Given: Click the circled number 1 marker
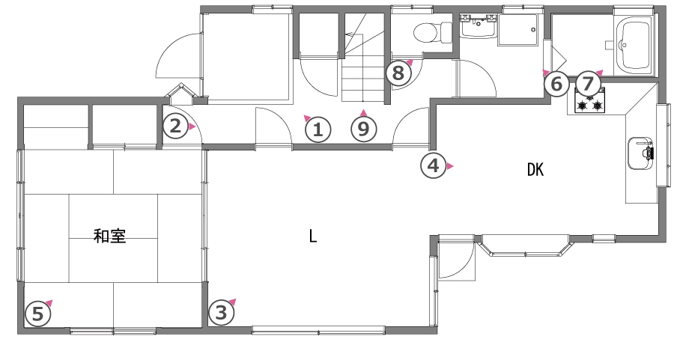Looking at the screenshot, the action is pyautogui.click(x=318, y=129).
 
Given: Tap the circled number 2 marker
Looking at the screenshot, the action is pyautogui.click(x=175, y=126).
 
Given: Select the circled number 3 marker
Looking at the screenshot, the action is pyautogui.click(x=222, y=313).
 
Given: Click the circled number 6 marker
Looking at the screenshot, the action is pyautogui.click(x=556, y=84).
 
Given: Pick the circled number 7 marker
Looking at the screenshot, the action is pyautogui.click(x=588, y=84).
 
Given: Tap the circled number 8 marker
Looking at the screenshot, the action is pyautogui.click(x=398, y=73).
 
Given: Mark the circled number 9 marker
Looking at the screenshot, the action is pyautogui.click(x=364, y=129).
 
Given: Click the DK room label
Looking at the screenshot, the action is pyautogui.click(x=535, y=170).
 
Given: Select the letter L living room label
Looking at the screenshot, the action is pyautogui.click(x=313, y=236).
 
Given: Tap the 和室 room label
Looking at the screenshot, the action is pyautogui.click(x=109, y=237).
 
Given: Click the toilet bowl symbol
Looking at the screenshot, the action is pyautogui.click(x=432, y=33).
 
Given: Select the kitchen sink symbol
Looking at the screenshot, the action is pyautogui.click(x=641, y=153).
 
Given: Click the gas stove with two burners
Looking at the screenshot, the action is pyautogui.click(x=589, y=100).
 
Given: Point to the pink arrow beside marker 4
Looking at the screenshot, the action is pyautogui.click(x=450, y=166).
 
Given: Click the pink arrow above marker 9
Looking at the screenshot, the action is pyautogui.click(x=364, y=112).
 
